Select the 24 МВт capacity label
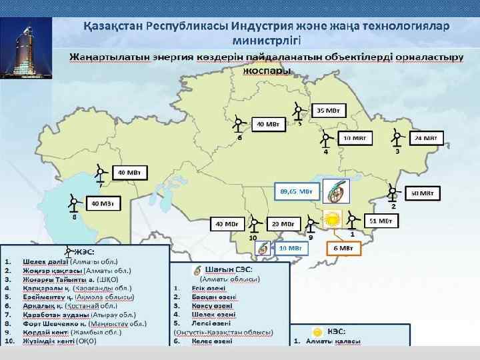(x=425, y=138)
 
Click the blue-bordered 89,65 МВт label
(x=295, y=191)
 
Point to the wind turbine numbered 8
(x=73, y=202)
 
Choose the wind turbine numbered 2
(x=393, y=193)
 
